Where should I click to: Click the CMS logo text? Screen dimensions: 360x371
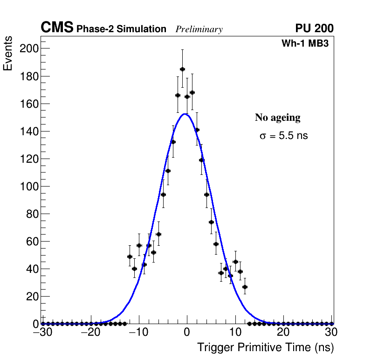pos(57,28)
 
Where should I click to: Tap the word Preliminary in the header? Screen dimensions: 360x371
pos(199,30)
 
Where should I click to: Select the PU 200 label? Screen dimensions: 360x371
pos(314,28)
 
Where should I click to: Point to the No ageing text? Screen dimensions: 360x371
pos(277,118)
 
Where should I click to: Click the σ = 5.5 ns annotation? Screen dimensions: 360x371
pos(283,136)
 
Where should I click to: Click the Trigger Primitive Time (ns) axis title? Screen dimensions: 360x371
pos(265,347)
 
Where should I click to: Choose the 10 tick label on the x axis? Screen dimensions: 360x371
pos(235,332)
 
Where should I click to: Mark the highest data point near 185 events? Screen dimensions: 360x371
pos(182,69)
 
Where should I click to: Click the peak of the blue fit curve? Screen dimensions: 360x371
pos(185,114)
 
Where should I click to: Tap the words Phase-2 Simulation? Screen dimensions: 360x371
pos(121,29)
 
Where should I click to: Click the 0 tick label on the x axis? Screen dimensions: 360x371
pos(187,332)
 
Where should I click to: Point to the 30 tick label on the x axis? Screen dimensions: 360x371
pos(331,332)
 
